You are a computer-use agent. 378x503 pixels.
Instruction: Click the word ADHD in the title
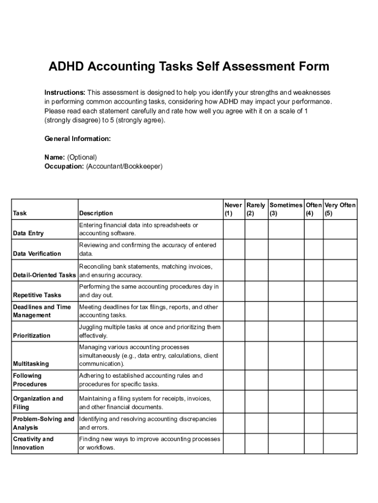[x=66, y=67]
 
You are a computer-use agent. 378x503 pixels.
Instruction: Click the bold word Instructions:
[x=65, y=92]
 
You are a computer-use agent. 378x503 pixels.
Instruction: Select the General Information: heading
[x=78, y=139]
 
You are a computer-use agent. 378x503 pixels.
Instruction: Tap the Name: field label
[x=54, y=157]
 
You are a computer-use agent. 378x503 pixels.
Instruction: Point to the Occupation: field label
[x=64, y=167]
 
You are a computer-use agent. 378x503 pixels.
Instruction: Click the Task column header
[x=20, y=213]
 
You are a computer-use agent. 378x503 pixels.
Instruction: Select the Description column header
[x=96, y=213]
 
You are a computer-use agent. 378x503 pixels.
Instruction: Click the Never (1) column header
[x=233, y=209]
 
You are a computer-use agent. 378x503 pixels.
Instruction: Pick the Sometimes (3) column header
[x=286, y=209]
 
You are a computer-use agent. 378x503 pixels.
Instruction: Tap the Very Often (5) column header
[x=340, y=209]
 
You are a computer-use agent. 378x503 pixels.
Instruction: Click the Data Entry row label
[x=28, y=233]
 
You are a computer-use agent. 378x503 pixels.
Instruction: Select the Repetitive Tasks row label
[x=37, y=295]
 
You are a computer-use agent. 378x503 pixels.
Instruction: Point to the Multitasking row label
[x=31, y=364]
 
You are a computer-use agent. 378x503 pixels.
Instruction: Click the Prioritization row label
[x=31, y=335]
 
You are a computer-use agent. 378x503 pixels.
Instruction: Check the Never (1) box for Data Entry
[x=234, y=229]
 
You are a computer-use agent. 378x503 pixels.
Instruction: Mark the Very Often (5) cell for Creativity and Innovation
[x=340, y=443]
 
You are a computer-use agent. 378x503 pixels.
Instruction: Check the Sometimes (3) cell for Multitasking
[x=286, y=355]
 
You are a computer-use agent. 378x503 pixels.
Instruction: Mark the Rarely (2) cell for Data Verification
[x=256, y=250]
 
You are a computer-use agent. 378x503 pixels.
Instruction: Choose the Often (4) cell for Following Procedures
[x=314, y=380]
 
